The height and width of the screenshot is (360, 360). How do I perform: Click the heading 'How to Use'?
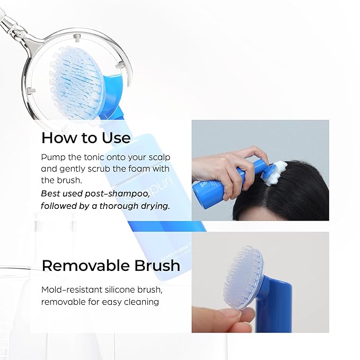(x=85, y=138)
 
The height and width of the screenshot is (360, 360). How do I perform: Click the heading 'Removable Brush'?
(x=111, y=265)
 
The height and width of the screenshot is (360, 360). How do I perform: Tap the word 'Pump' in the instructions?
(x=52, y=158)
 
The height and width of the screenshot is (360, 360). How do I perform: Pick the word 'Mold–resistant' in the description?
(x=68, y=289)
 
